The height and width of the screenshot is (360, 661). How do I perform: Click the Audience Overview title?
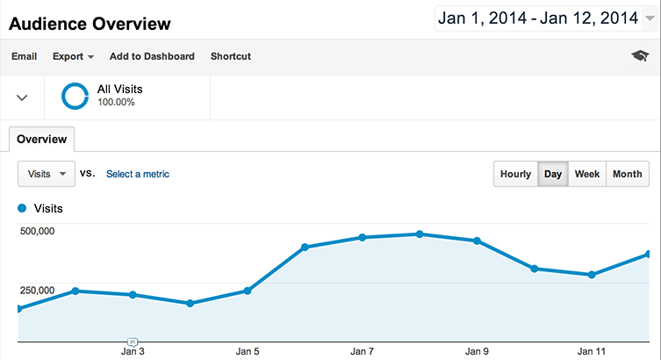click(90, 23)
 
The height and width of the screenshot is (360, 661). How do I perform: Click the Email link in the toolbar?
click(24, 56)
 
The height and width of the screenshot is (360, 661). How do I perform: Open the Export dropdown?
click(73, 56)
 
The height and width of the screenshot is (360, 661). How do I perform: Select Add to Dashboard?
click(152, 56)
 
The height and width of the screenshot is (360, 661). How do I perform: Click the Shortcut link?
click(231, 56)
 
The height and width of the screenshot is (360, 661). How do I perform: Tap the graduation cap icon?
click(640, 56)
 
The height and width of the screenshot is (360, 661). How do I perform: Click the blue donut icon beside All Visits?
click(75, 96)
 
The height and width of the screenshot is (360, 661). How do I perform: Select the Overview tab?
click(42, 139)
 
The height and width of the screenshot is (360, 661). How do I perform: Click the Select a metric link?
click(138, 174)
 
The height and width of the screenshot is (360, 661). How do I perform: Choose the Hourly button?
click(515, 174)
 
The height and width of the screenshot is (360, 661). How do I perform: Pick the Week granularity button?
click(587, 174)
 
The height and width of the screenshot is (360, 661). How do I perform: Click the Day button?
click(553, 174)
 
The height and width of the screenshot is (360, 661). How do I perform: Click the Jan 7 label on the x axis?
click(363, 351)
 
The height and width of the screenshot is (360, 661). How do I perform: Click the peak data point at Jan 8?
click(420, 234)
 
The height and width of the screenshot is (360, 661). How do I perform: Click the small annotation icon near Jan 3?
click(133, 340)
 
